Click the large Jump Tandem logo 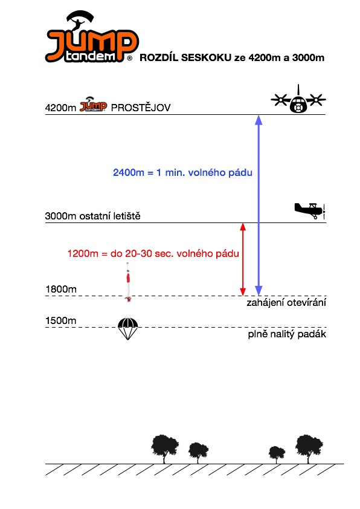pos(92,37)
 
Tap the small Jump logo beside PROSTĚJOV pos(94,105)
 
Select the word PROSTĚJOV pos(141,108)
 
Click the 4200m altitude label pos(60,108)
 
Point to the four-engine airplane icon pos(298,100)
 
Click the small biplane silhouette pos(309,211)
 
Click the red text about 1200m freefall pos(153,253)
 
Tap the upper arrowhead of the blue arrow pos(259,120)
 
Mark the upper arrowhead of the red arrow pos(243,227)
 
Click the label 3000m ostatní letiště pos(93,216)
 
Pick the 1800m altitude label pos(61,289)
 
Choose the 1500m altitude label pos(61,321)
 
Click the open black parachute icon pos(128,328)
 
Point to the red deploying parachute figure pos(128,282)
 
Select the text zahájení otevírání pos(286,303)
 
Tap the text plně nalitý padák pos(287,334)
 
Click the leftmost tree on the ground pos(165,449)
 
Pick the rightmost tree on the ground pos(309,449)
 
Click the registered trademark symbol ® pos(130,58)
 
